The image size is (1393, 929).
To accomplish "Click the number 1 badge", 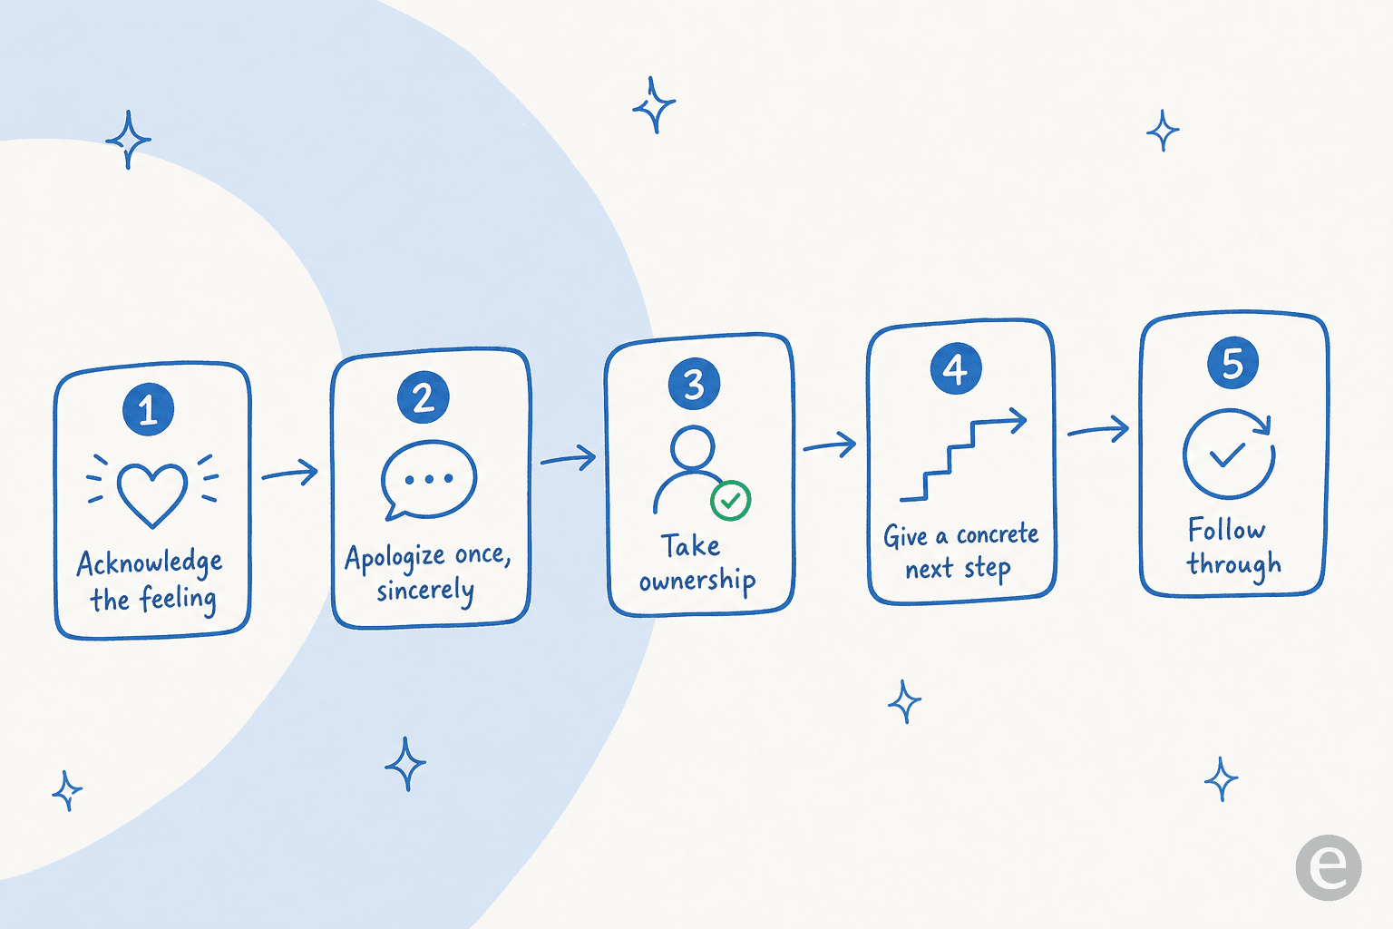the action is click(148, 409).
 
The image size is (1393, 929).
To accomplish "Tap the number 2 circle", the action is click(424, 397).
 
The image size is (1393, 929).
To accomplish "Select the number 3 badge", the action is click(694, 383).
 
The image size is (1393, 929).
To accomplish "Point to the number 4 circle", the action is click(956, 368).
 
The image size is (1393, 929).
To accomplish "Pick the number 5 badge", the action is click(1232, 363).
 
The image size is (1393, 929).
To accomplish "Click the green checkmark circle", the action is click(731, 500).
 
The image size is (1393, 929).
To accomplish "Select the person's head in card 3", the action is click(693, 447).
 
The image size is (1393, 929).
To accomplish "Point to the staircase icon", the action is click(962, 455).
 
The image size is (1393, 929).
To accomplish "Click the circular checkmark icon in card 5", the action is click(1229, 454).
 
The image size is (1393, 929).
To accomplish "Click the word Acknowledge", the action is click(150, 563).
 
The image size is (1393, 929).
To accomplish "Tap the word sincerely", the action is click(425, 590).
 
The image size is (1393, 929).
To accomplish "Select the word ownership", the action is click(697, 582).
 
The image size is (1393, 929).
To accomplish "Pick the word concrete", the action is click(998, 534).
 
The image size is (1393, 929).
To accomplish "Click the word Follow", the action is click(1226, 530).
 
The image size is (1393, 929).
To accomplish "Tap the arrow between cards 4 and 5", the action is click(1098, 429).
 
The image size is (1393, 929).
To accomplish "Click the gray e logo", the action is click(1329, 867).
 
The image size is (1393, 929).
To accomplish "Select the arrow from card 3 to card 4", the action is click(830, 445).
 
